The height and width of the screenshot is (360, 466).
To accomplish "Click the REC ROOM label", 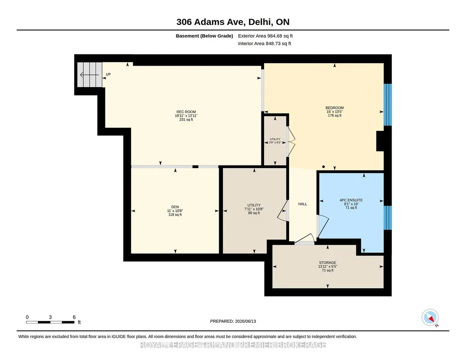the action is (186, 112).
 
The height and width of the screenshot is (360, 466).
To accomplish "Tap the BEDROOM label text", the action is (334, 108).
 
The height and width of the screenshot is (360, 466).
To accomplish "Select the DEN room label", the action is (175, 207).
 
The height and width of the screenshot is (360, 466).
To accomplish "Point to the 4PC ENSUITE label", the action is (351, 200).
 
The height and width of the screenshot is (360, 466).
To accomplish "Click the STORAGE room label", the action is (327, 263).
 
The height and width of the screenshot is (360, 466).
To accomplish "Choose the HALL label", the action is (302, 204).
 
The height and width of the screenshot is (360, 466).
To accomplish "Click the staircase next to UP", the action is (90, 75).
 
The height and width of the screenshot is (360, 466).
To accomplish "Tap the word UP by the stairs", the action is (108, 74).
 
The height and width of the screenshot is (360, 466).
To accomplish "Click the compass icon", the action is (430, 318).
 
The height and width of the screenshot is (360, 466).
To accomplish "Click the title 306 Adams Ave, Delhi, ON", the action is (233, 22).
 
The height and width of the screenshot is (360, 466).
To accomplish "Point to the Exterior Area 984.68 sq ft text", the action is (266, 36).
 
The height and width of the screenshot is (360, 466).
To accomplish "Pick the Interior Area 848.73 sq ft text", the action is (265, 43).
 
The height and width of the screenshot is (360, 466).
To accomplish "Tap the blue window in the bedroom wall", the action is (387, 105).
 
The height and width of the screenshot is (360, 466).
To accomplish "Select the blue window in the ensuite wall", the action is (387, 218).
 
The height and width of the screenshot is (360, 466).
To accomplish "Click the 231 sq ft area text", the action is (186, 120).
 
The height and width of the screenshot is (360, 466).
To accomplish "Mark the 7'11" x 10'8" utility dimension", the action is (254, 209).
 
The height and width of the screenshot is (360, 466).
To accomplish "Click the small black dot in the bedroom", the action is (323, 167).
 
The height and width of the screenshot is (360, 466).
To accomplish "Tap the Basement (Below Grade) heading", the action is (204, 36).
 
